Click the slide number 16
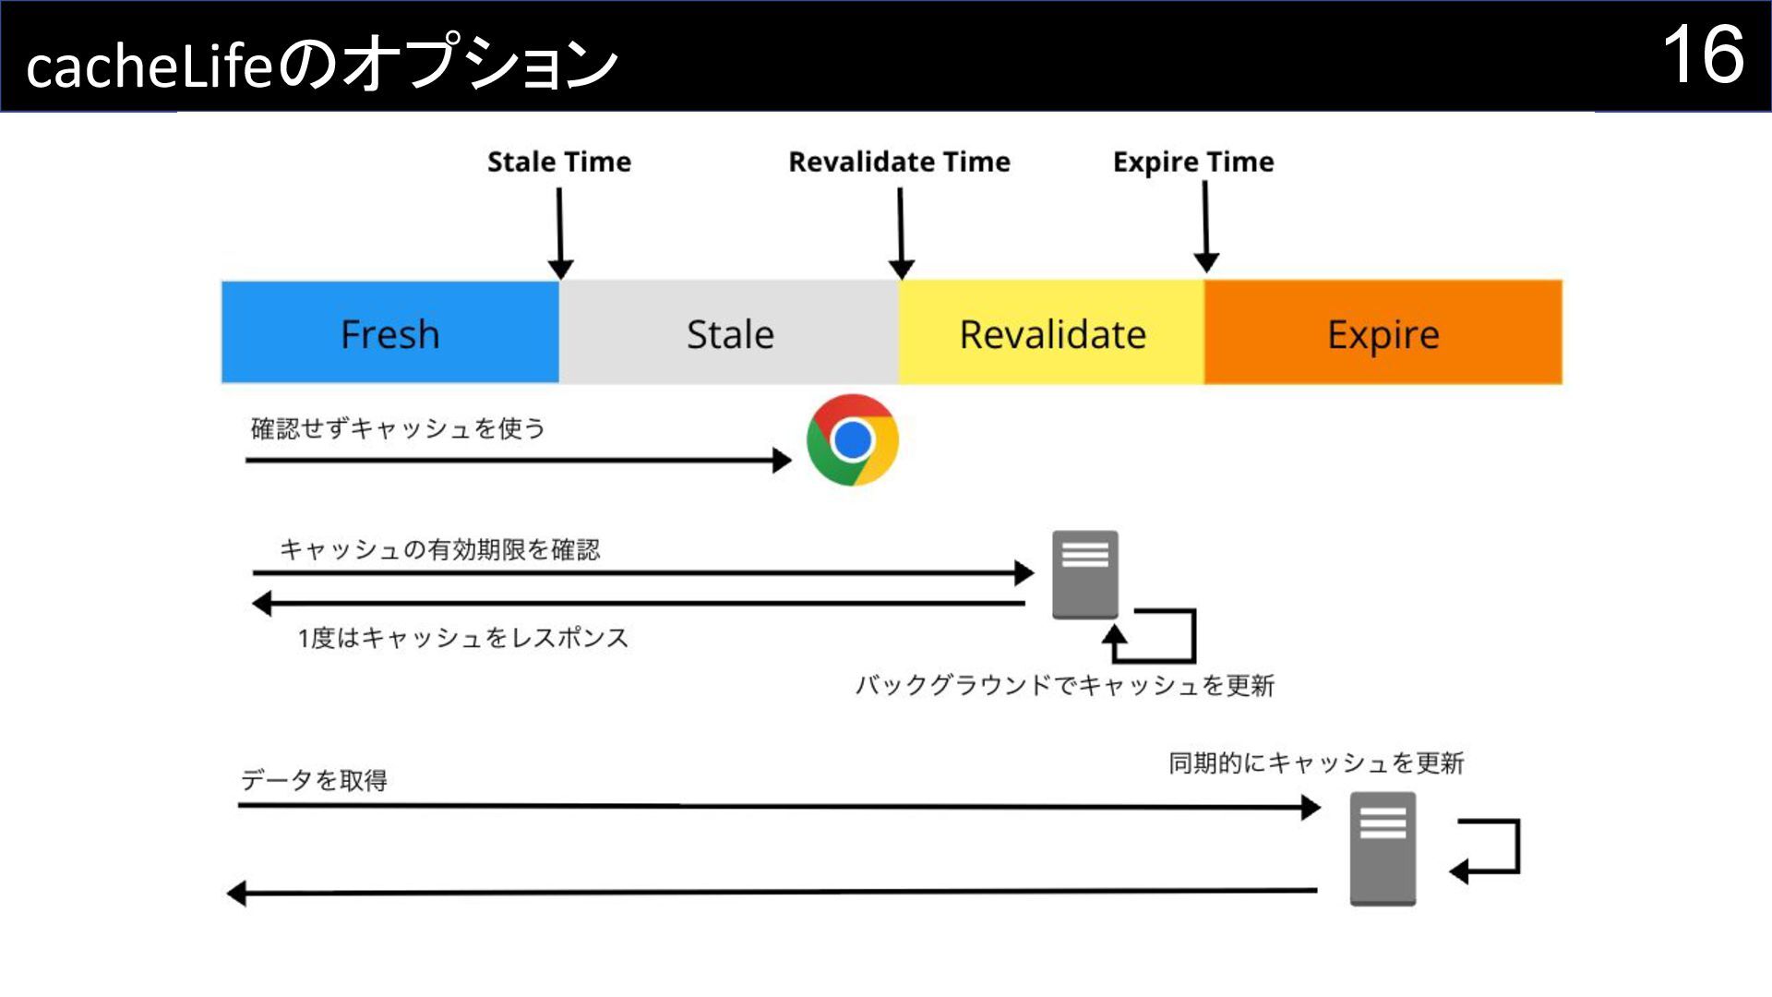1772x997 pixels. point(1703,55)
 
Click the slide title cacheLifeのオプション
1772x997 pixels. point(322,65)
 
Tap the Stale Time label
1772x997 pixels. point(559,162)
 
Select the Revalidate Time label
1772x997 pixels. point(899,162)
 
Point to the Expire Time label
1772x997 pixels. point(1193,162)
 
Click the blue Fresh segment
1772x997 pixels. point(390,333)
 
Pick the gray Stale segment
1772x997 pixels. point(729,333)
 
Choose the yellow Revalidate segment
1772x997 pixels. point(1052,333)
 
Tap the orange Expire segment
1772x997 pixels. point(1383,333)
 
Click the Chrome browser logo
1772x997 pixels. point(852,440)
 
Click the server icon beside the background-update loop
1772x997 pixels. point(1085,574)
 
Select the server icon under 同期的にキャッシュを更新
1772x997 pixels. point(1383,848)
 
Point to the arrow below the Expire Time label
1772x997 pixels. point(1205,227)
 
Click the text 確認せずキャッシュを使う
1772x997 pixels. point(398,428)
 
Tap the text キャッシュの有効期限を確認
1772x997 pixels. point(439,549)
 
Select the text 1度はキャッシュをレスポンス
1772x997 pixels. point(462,638)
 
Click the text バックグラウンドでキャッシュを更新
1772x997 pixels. point(1064,685)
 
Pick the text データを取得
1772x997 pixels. point(314,781)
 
